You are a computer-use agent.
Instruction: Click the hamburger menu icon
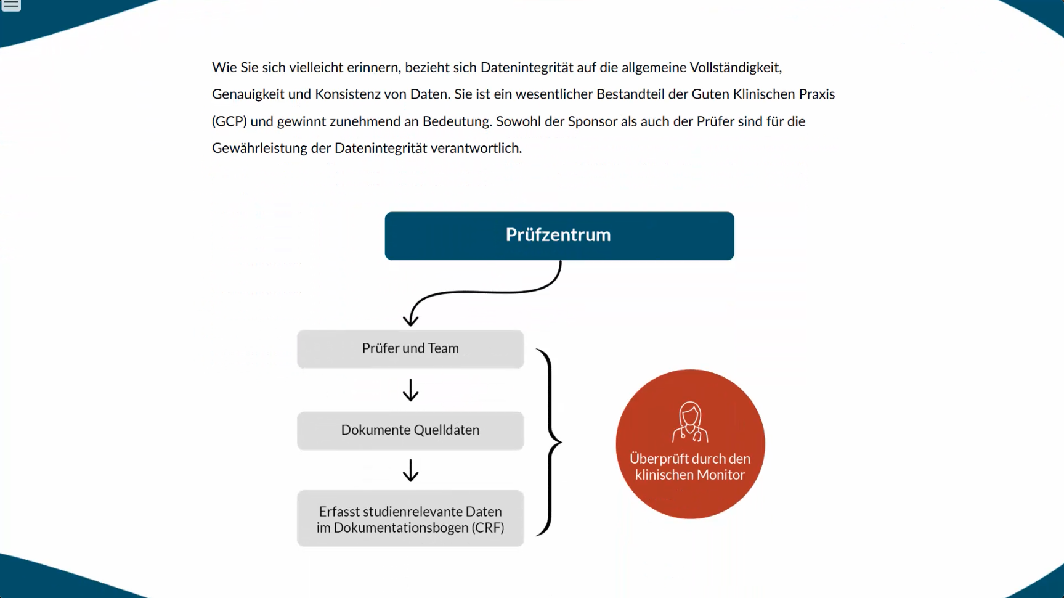pyautogui.click(x=11, y=5)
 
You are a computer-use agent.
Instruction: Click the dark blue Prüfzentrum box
pyautogui.click(x=559, y=236)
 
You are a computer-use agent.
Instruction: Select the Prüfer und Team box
pyautogui.click(x=410, y=349)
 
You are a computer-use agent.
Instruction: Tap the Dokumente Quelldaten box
pyautogui.click(x=410, y=430)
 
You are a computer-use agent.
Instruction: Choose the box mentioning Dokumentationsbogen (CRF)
pyautogui.click(x=410, y=518)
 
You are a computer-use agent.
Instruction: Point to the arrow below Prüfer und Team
pyautogui.click(x=410, y=390)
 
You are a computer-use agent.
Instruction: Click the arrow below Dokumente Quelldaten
pyautogui.click(x=410, y=470)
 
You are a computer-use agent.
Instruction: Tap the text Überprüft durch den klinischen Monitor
pyautogui.click(x=690, y=467)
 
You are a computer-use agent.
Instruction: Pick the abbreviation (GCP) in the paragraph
pyautogui.click(x=229, y=121)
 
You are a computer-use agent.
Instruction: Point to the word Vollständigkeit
pyautogui.click(x=735, y=67)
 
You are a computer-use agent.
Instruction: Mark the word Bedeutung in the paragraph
pyautogui.click(x=457, y=121)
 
